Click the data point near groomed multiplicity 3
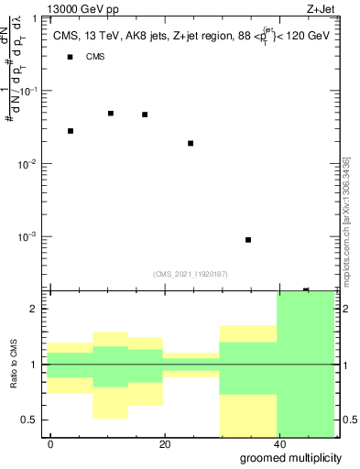71,131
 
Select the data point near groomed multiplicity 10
111,114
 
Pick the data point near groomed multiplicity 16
145,115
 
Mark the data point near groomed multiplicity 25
191,143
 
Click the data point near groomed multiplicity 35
248,240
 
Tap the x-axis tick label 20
164,444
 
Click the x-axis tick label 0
50,444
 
